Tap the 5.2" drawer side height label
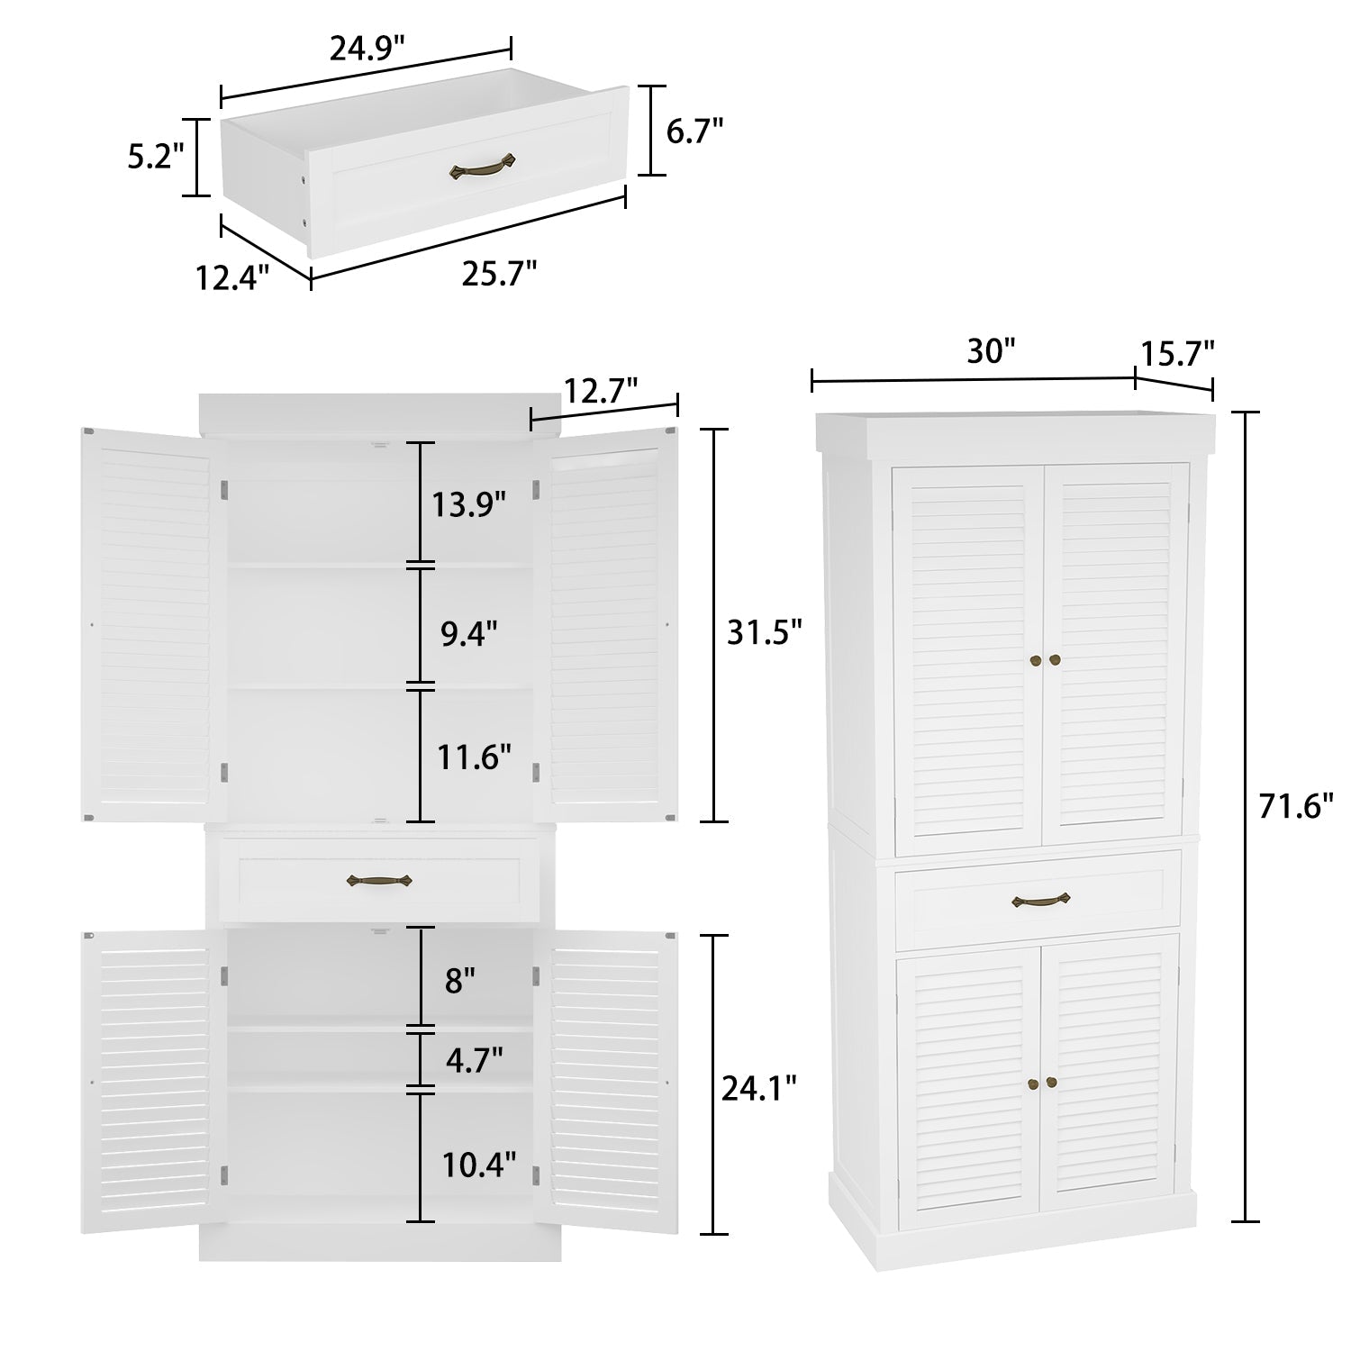pyautogui.click(x=156, y=156)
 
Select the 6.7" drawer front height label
pyautogui.click(x=695, y=131)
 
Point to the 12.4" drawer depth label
pyautogui.click(x=233, y=277)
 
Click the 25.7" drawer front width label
pyautogui.click(x=499, y=272)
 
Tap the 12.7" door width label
pyautogui.click(x=601, y=390)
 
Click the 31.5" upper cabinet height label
pyautogui.click(x=764, y=632)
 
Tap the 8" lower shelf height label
pyautogui.click(x=459, y=980)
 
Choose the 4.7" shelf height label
pyautogui.click(x=474, y=1059)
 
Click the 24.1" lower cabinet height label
pyautogui.click(x=759, y=1089)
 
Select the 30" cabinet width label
pyautogui.click(x=991, y=352)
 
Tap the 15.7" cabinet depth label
pyautogui.click(x=1178, y=352)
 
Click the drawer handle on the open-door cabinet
pyautogui.click(x=379, y=881)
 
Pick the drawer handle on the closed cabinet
pyautogui.click(x=1040, y=899)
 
